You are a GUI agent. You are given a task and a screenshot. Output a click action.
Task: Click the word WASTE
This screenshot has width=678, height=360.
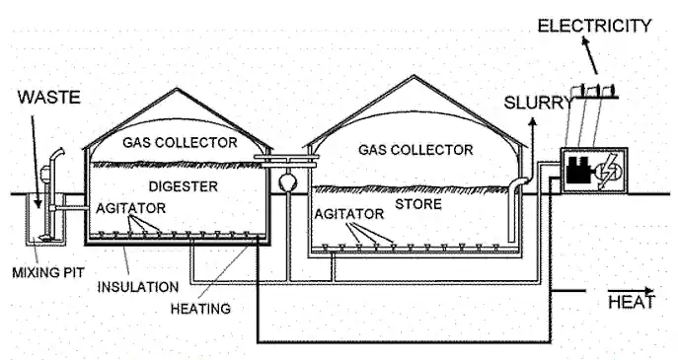pyautogui.click(x=49, y=98)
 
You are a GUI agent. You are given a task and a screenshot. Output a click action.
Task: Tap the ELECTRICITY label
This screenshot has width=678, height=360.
pyautogui.click(x=594, y=26)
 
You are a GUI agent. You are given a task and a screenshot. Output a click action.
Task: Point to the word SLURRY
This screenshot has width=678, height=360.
pyautogui.click(x=538, y=103)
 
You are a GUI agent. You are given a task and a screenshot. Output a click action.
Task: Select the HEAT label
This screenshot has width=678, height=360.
pyautogui.click(x=632, y=302)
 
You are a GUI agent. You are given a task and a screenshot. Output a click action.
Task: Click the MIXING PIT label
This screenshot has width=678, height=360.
pyautogui.click(x=48, y=272)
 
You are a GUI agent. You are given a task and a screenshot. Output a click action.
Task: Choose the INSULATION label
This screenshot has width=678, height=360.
pyautogui.click(x=138, y=287)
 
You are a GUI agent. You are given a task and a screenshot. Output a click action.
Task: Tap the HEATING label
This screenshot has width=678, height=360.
pyautogui.click(x=200, y=309)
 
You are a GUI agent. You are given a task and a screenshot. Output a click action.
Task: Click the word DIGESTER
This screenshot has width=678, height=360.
pyautogui.click(x=183, y=186)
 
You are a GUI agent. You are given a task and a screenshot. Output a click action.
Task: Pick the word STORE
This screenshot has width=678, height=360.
pyautogui.click(x=418, y=204)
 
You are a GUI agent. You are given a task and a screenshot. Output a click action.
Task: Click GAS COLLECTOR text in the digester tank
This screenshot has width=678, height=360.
pyautogui.click(x=180, y=142)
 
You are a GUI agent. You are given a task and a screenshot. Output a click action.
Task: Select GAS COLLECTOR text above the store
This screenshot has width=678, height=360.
pyautogui.click(x=415, y=150)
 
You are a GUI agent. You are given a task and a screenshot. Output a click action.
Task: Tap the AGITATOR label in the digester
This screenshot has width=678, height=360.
pyautogui.click(x=130, y=208)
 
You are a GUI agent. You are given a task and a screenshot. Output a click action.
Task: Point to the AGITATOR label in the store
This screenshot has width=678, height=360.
pyautogui.click(x=349, y=214)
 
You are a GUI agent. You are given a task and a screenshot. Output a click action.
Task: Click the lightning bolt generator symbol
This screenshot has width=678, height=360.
pyautogui.click(x=608, y=172)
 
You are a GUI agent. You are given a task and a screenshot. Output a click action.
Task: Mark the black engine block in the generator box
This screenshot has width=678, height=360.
pyautogui.click(x=579, y=170)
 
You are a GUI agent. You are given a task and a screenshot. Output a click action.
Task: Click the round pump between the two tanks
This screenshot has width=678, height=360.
pyautogui.click(x=286, y=181)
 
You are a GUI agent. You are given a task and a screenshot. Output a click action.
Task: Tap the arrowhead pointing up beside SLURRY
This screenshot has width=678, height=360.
pyautogui.click(x=533, y=121)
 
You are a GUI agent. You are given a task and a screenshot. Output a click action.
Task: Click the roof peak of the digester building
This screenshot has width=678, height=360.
pyautogui.click(x=177, y=89)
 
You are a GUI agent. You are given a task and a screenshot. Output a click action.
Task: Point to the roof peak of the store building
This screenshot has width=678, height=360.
pyautogui.click(x=414, y=76)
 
